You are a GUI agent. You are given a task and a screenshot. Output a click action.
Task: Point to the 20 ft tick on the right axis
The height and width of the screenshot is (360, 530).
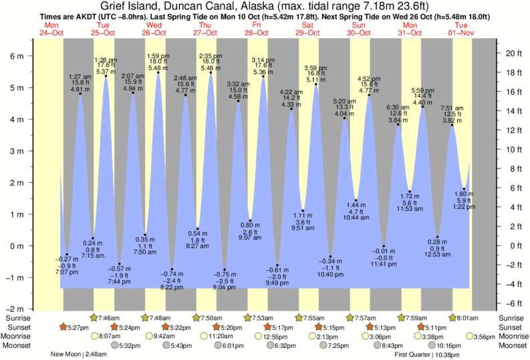point(510,53)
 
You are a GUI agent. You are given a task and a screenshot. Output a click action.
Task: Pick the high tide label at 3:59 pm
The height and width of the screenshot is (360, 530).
point(315,68)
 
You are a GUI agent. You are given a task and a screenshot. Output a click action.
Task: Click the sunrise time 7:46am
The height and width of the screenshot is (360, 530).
point(109,319)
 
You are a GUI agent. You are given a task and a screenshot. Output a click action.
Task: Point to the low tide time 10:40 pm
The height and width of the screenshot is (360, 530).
point(329,273)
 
